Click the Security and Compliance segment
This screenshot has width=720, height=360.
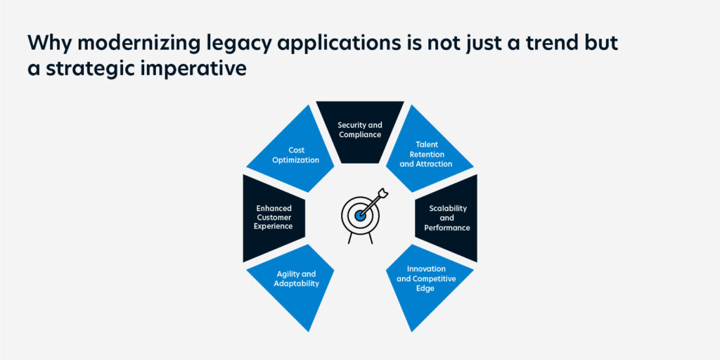(360, 131)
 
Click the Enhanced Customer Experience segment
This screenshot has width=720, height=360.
(273, 218)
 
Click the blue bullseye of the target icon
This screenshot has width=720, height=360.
(360, 215)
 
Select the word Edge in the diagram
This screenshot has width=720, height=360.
(425, 288)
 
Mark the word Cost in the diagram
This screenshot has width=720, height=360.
(297, 150)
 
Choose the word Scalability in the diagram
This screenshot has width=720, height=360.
(448, 208)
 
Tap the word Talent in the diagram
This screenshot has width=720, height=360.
(426, 145)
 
